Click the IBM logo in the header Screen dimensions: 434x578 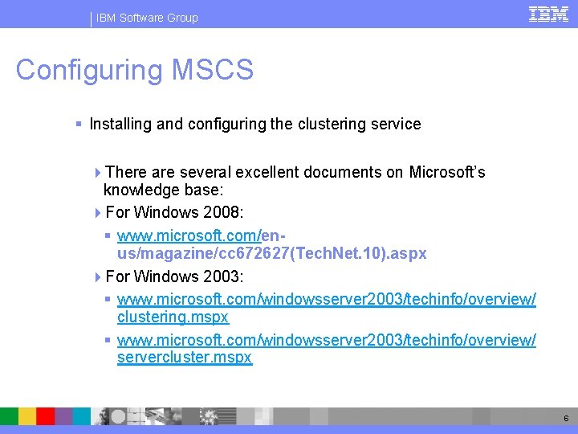point(548,14)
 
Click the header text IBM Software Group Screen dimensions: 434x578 point(146,18)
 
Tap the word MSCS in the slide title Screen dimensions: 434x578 point(213,70)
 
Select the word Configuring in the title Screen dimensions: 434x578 point(89,70)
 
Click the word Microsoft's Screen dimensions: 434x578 point(447,172)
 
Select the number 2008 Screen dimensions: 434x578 point(222,212)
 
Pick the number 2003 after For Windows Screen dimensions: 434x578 point(222,276)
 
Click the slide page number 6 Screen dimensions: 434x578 point(566,418)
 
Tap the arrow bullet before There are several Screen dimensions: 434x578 point(98,172)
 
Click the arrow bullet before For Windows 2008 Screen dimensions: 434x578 point(98,212)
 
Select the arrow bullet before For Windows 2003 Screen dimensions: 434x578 point(98,276)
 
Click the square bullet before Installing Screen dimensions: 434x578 point(78,125)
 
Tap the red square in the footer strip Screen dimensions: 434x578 point(45,416)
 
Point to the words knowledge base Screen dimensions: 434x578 point(162,190)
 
